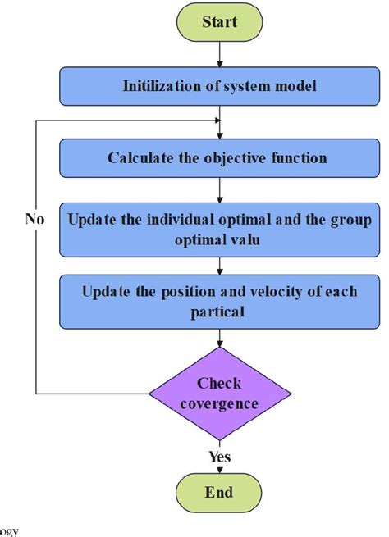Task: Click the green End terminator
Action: tap(219, 492)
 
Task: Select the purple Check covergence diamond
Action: tap(219, 394)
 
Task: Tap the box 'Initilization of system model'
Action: tap(219, 85)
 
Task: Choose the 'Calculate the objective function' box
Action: tap(219, 157)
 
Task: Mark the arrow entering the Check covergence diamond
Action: tap(219, 342)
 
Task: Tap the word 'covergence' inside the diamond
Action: tap(219, 403)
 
